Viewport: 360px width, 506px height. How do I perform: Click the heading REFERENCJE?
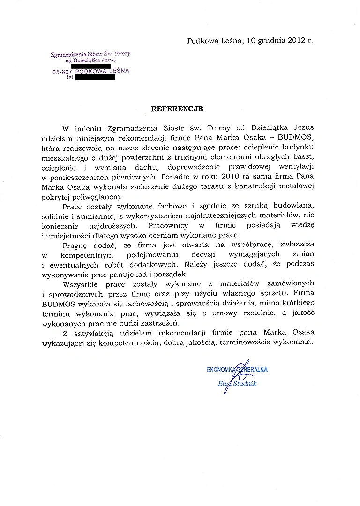[177, 108]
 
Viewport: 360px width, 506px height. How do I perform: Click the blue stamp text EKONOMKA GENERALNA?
[237, 369]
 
